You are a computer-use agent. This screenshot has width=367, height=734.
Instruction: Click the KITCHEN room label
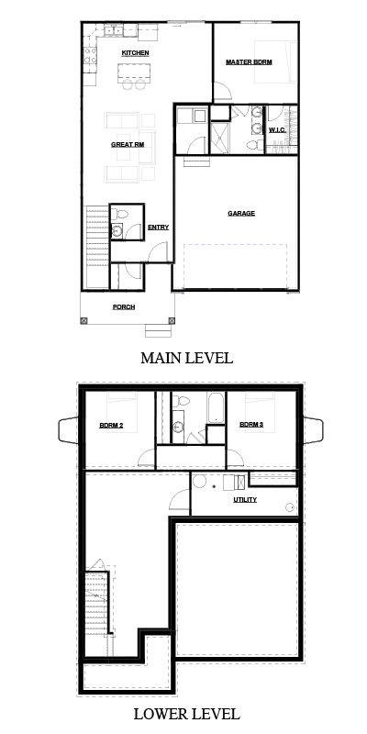click(x=135, y=53)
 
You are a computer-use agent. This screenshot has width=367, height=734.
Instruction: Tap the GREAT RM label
click(x=128, y=145)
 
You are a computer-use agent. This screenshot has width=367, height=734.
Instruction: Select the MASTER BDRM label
click(x=249, y=61)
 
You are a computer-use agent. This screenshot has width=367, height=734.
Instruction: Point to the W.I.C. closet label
click(x=277, y=129)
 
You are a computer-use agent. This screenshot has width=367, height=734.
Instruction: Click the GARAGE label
click(x=241, y=214)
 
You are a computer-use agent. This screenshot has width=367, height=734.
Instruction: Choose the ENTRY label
click(x=158, y=228)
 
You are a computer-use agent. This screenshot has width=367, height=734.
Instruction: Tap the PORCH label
click(x=124, y=307)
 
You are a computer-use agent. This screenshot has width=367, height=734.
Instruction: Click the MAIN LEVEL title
click(x=187, y=358)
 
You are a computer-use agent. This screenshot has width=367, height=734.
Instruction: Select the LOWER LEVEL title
click(x=187, y=714)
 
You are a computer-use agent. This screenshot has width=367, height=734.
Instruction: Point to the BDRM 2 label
click(x=111, y=426)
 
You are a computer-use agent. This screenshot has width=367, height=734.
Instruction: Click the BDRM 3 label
click(x=251, y=425)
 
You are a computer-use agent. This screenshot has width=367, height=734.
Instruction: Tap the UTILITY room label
click(x=245, y=500)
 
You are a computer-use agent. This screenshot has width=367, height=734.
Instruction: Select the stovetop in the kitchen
click(x=90, y=55)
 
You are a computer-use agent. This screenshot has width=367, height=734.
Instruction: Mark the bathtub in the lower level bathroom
click(x=216, y=407)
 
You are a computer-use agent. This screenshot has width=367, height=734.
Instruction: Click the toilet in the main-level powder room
click(x=119, y=215)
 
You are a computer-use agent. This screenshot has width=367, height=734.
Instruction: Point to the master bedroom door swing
click(x=222, y=90)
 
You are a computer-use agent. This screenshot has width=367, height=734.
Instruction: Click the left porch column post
click(x=83, y=321)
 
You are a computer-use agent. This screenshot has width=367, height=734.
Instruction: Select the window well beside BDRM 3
click(x=313, y=430)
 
